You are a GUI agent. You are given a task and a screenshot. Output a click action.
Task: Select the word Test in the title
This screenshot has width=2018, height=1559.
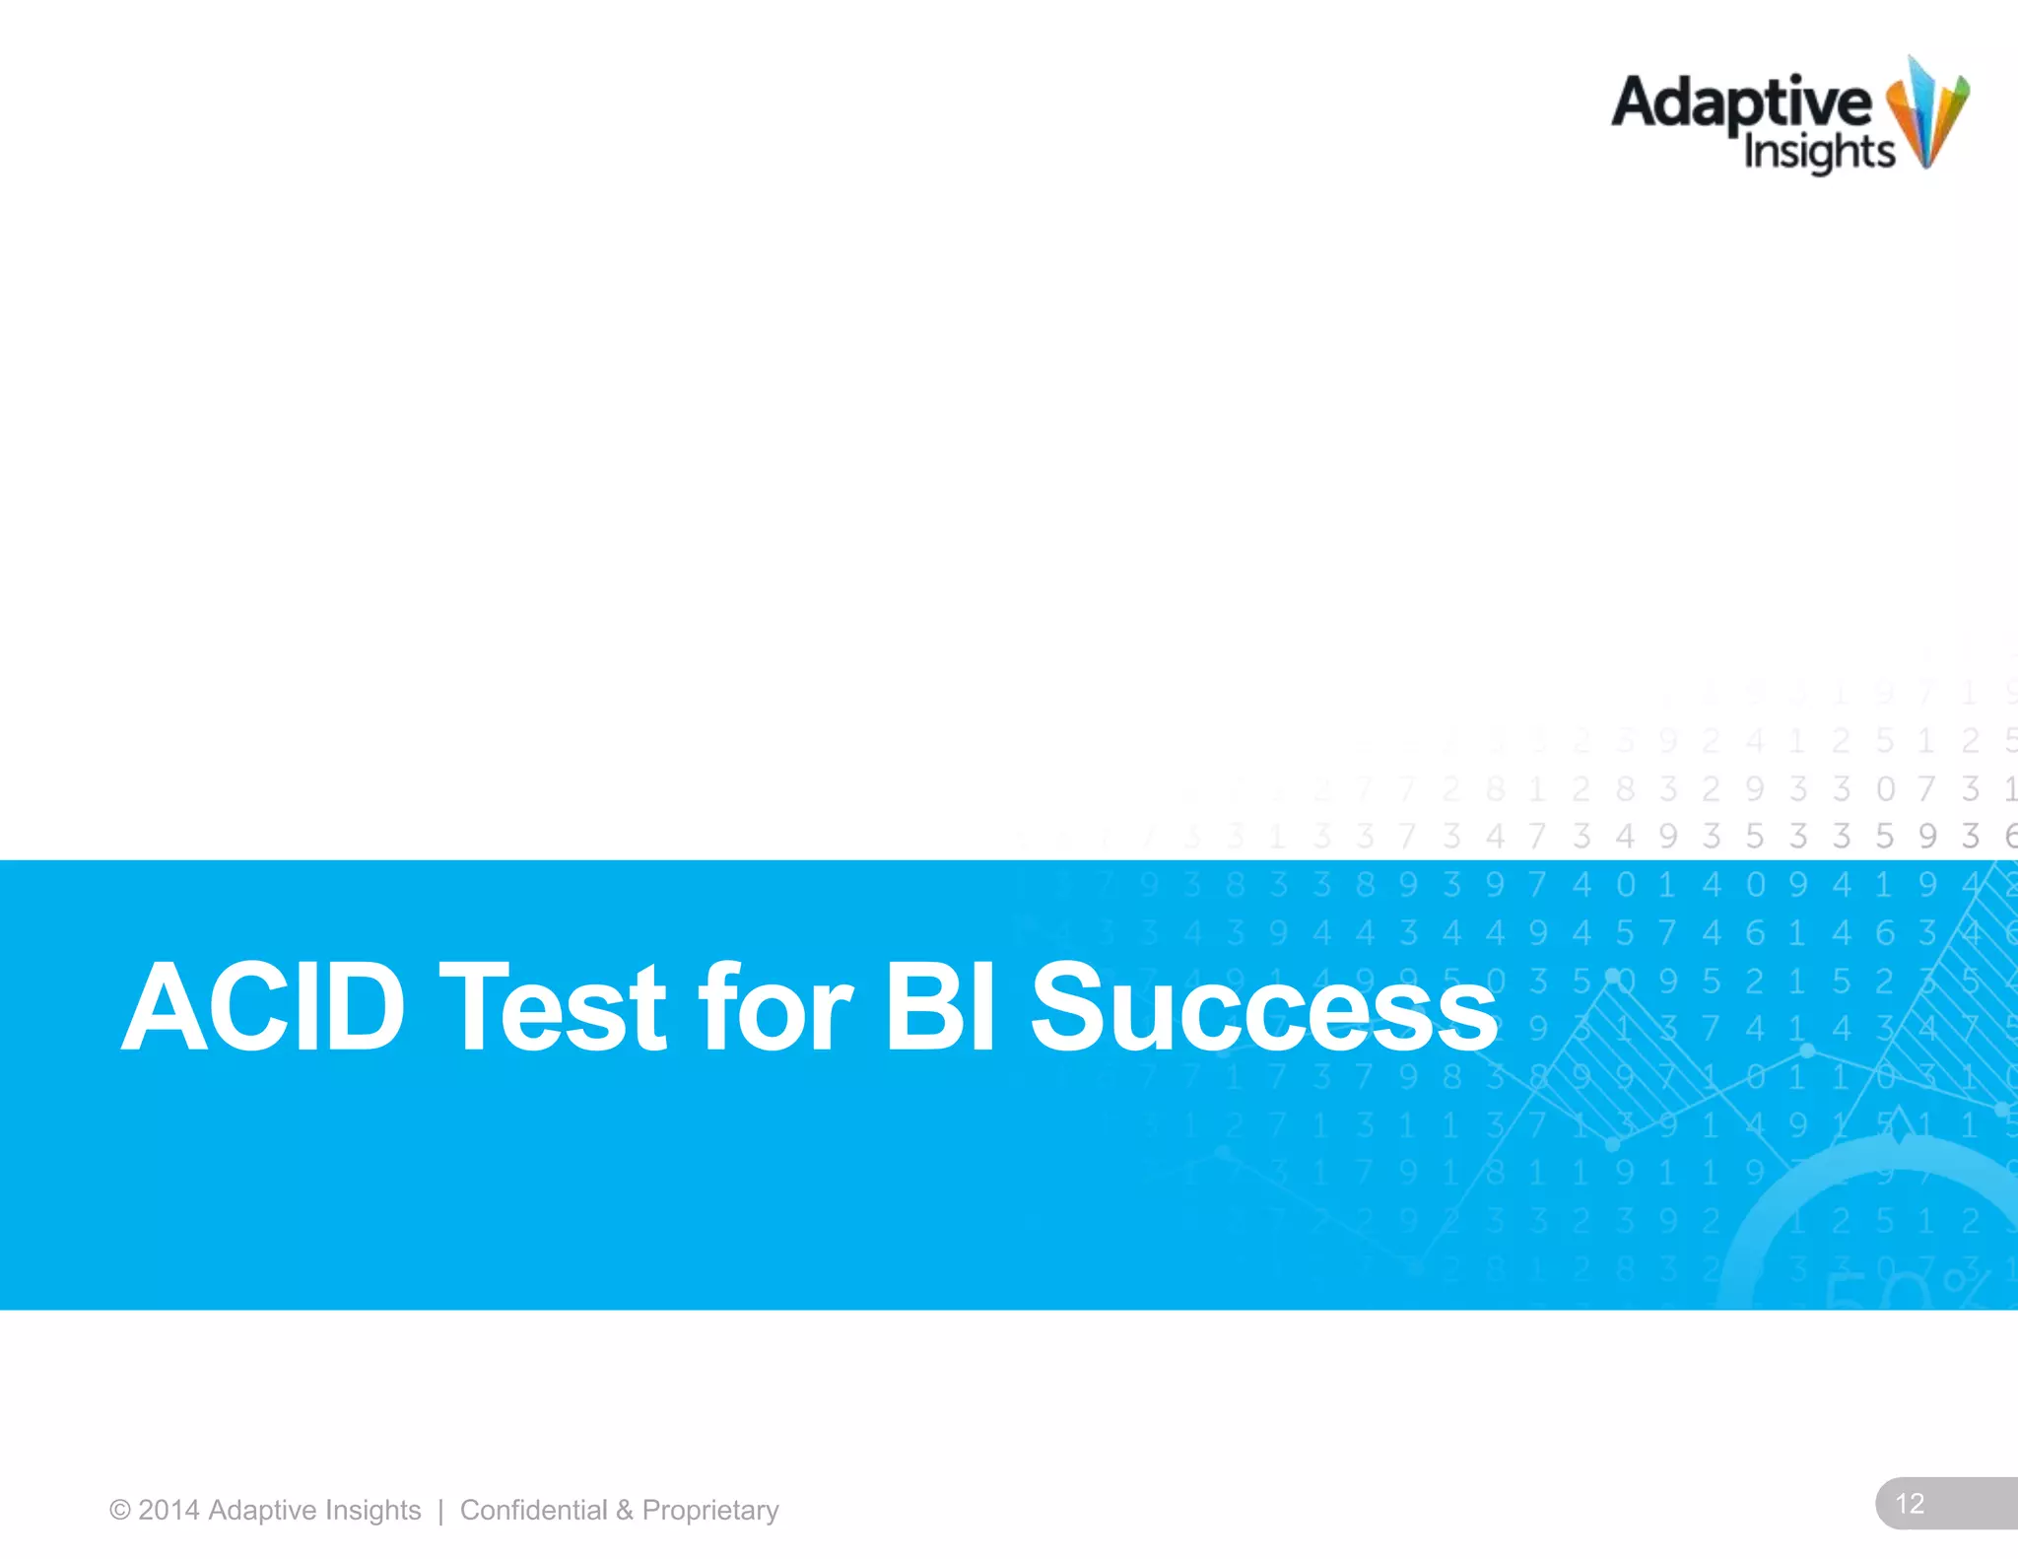tap(553, 1007)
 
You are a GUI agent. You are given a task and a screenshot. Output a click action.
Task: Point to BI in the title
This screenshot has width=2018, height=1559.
tap(940, 1007)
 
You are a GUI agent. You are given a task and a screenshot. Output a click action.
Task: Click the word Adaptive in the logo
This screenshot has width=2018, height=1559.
tap(1740, 104)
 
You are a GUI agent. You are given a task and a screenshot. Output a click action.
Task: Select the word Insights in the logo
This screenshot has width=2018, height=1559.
tap(1818, 153)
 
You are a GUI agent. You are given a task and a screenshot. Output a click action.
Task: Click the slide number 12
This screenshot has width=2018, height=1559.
tap(1910, 1504)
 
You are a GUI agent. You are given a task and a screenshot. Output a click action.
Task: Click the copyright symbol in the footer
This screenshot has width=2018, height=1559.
tap(120, 1511)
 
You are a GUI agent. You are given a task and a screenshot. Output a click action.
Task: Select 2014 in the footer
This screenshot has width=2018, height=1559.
tap(168, 1511)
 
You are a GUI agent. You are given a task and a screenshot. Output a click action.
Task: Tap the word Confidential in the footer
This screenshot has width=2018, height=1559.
tap(533, 1511)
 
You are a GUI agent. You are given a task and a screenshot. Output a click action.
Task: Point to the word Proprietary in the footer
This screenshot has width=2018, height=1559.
tap(710, 1511)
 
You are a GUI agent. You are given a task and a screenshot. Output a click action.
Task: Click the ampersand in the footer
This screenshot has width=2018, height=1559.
tap(625, 1511)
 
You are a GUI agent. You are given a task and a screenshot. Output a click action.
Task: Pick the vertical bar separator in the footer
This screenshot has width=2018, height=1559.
tap(440, 1511)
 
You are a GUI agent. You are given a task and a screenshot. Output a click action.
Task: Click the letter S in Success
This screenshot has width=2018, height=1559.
tap(1068, 1007)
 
